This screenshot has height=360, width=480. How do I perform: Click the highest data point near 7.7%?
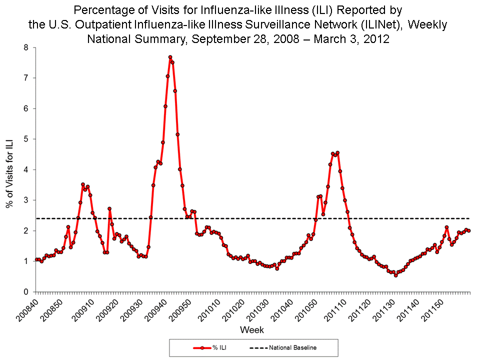pyautogui.click(x=170, y=57)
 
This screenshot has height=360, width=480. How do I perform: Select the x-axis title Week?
pyautogui.click(x=252, y=330)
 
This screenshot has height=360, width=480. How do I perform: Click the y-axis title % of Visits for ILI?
pyautogui.click(x=9, y=170)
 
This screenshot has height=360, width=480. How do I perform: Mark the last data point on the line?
pyautogui.click(x=468, y=230)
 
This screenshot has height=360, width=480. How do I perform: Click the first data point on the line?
pyautogui.click(x=36, y=259)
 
